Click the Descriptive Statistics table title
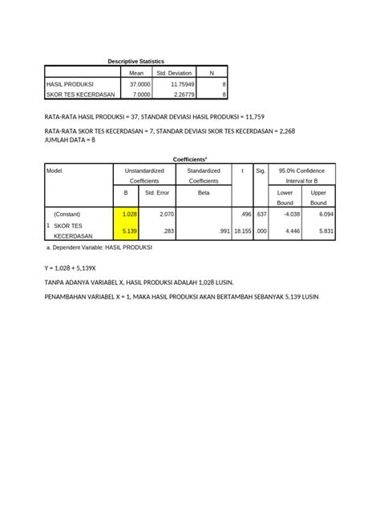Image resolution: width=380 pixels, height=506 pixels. tap(135, 62)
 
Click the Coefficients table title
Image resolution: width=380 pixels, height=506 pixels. tap(190, 159)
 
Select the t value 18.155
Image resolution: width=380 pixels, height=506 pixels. tap(241, 231)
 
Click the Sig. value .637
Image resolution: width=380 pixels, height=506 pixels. tap(261, 214)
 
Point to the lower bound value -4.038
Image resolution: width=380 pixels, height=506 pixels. tap(289, 214)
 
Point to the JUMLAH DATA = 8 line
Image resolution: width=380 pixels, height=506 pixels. tap(71, 139)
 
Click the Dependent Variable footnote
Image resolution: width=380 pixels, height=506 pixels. tap(100, 247)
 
